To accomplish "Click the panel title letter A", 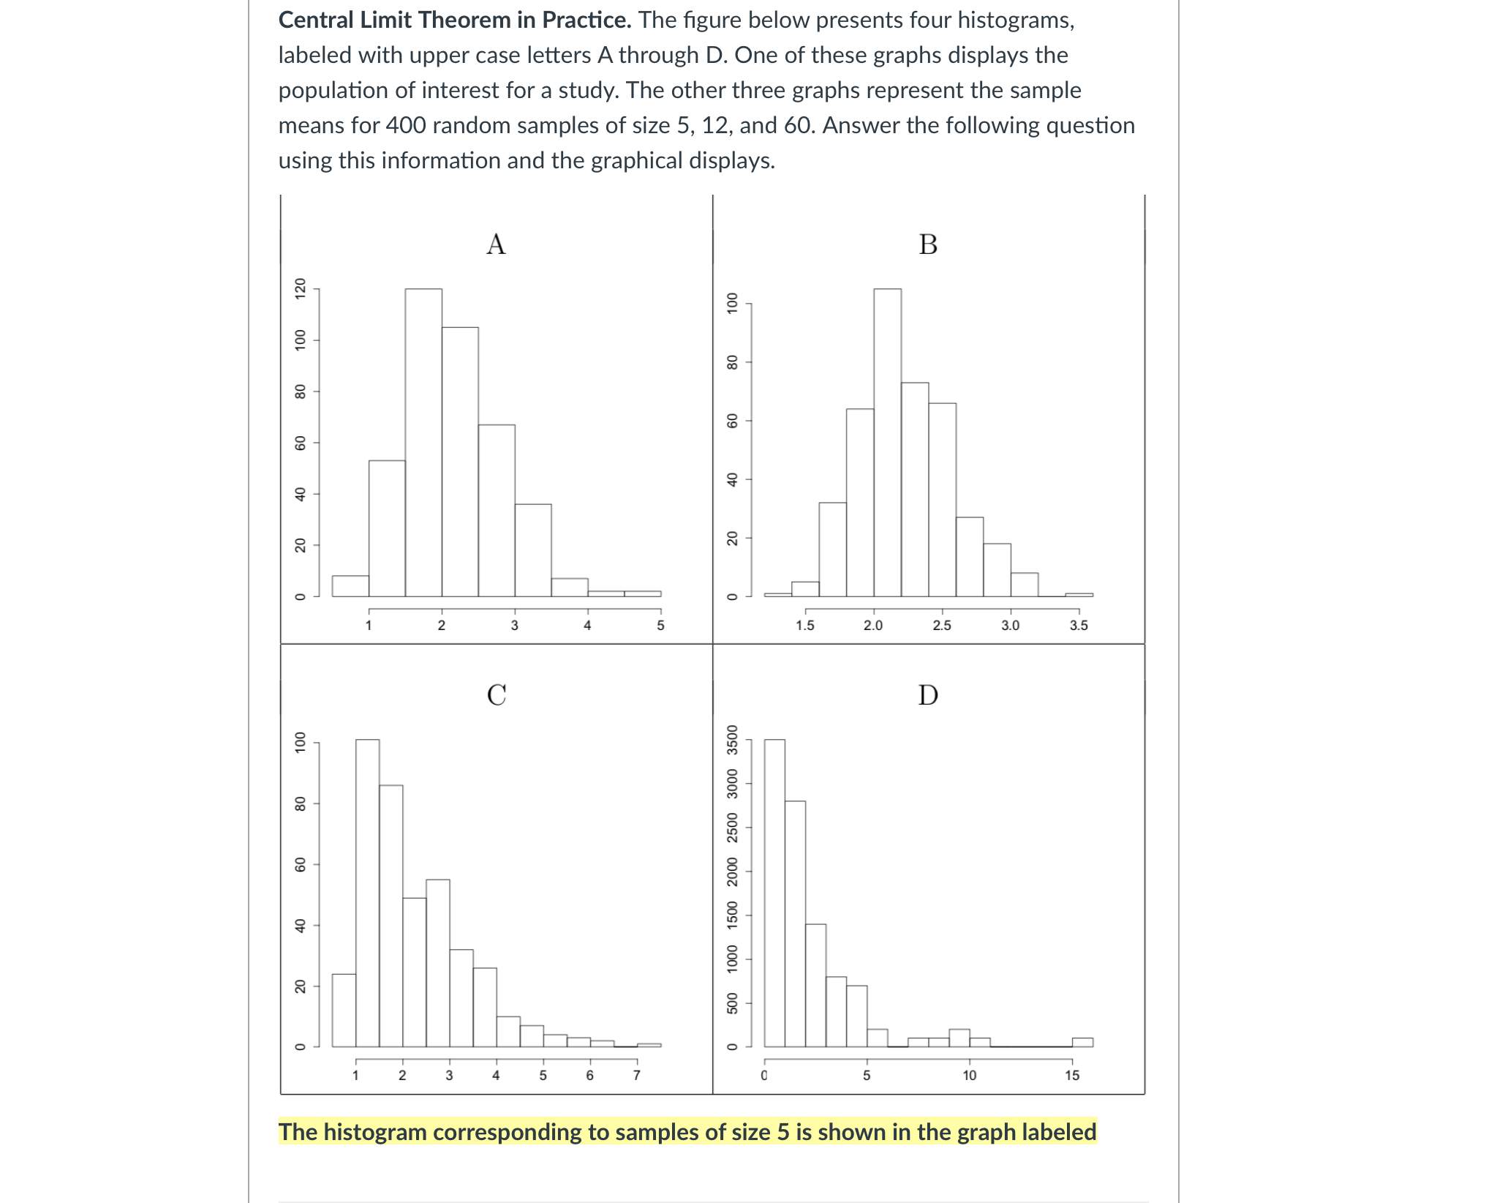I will (496, 244).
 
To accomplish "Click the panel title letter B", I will (928, 244).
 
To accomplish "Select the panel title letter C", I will (497, 694).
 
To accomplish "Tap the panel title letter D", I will (928, 694).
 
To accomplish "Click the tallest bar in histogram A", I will (423, 443).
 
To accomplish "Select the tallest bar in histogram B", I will (887, 443).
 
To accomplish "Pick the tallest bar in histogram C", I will (367, 893).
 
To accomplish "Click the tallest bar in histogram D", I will (774, 893).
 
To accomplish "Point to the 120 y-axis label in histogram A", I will (299, 289).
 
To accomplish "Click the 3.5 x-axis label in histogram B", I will (1079, 626).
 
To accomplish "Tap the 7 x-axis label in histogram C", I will (636, 1076).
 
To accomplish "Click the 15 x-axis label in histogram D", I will (1072, 1076).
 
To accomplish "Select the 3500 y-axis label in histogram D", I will (732, 739).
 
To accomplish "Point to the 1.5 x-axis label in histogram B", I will (805, 626).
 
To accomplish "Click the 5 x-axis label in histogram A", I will (660, 626).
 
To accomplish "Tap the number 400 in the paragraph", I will (406, 125).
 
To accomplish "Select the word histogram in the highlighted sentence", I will (374, 1132).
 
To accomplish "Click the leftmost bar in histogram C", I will (344, 1010).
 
